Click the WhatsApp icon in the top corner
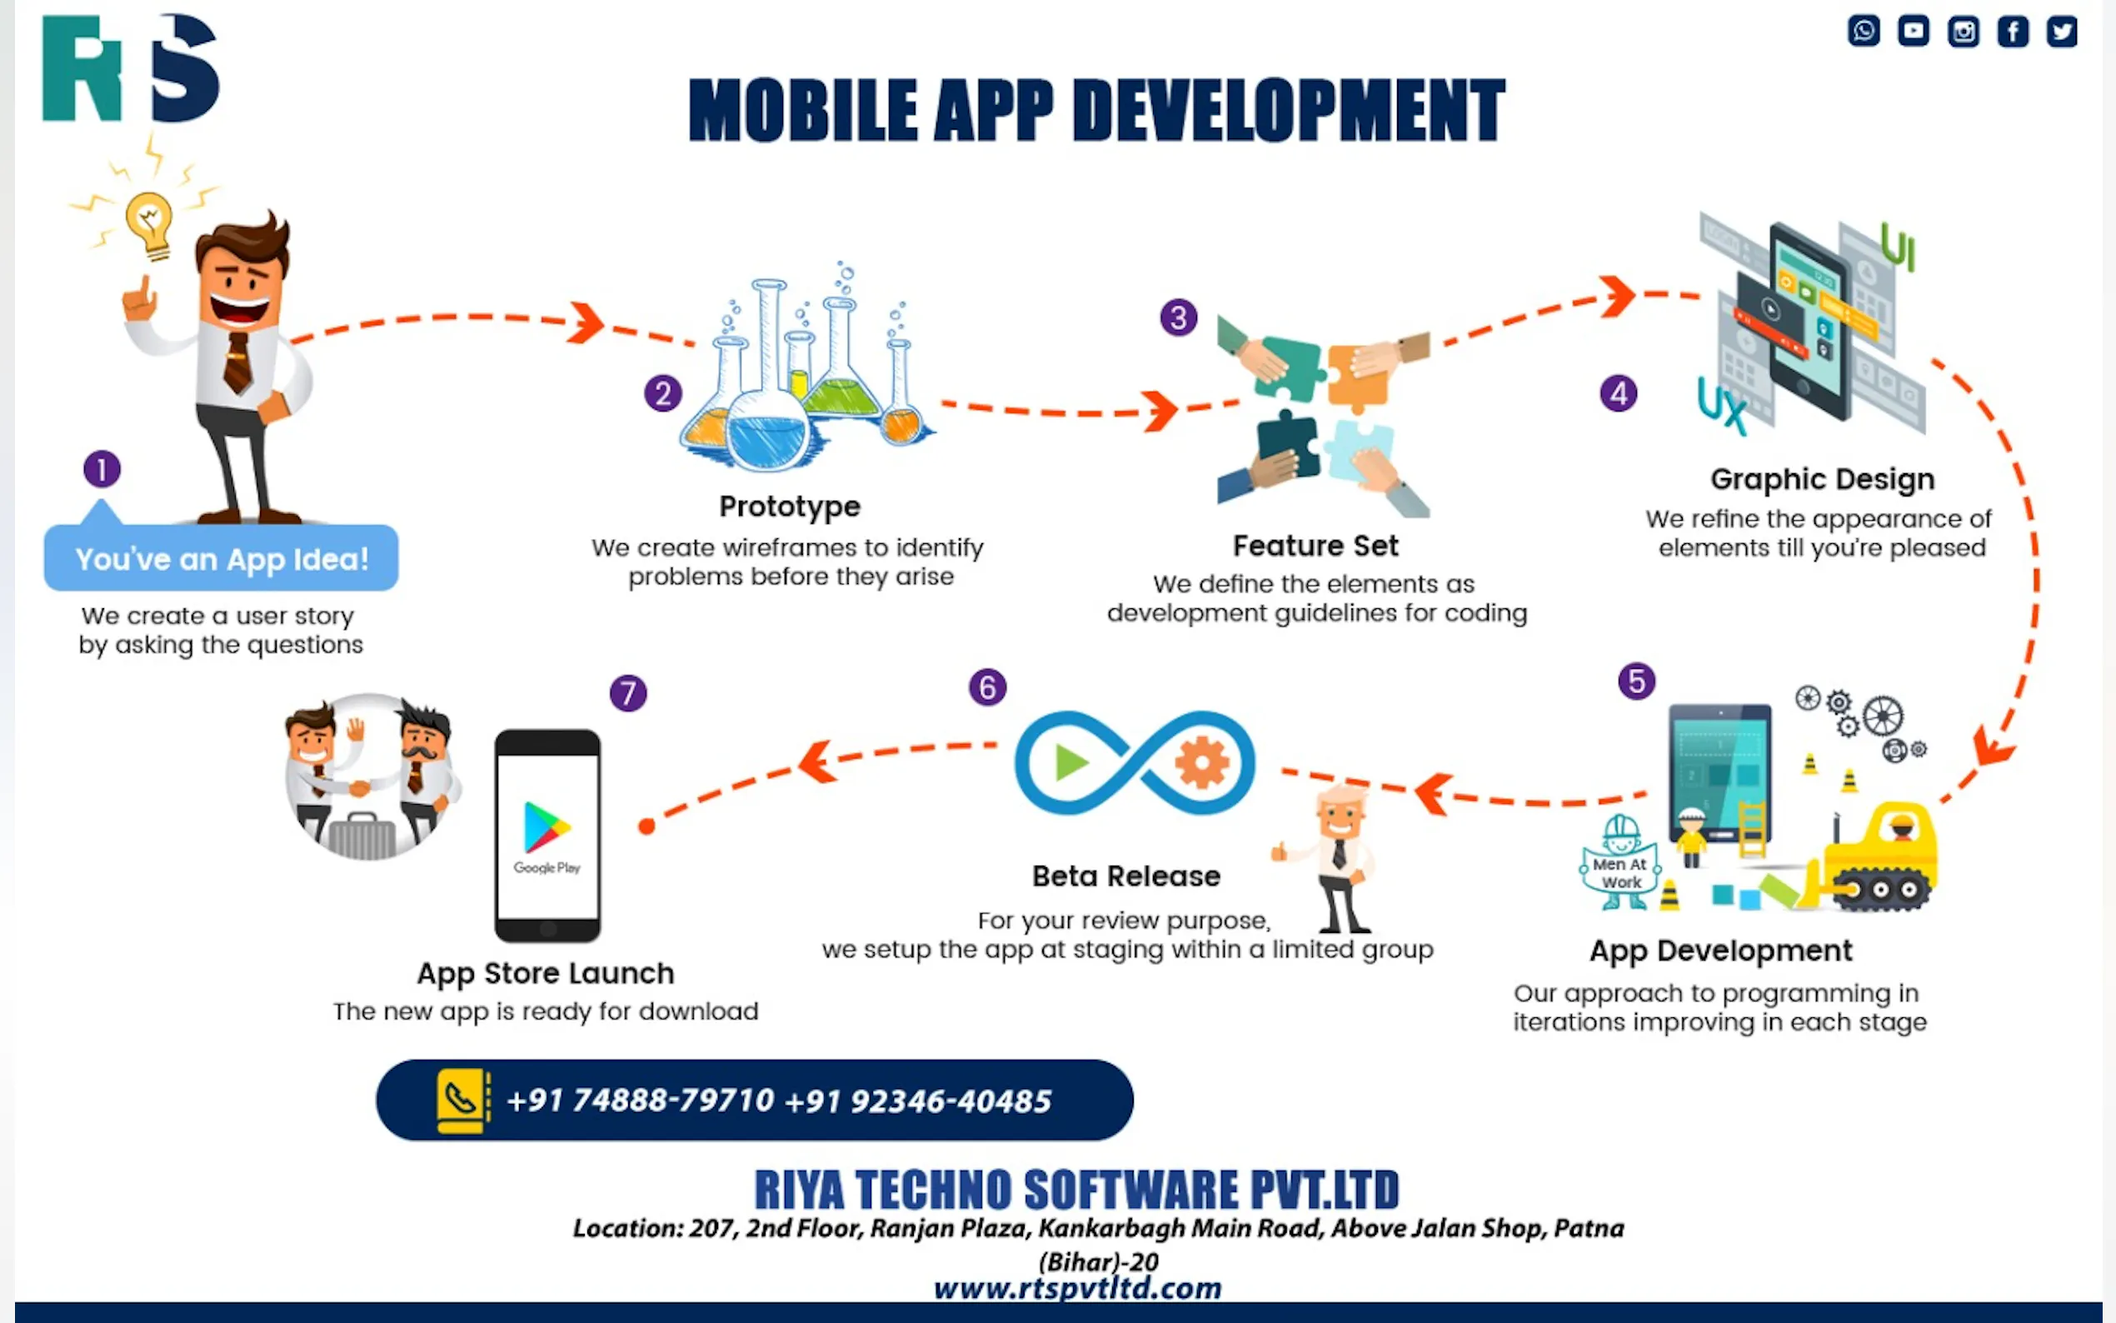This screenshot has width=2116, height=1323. pyautogui.click(x=1864, y=31)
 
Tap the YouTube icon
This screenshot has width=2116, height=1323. pyautogui.click(x=1913, y=31)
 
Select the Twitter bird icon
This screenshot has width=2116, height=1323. pyautogui.click(x=2062, y=32)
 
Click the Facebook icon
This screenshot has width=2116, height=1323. pyautogui.click(x=2013, y=32)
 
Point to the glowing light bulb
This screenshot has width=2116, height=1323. pyautogui.click(x=150, y=225)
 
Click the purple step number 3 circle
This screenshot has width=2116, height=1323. pyautogui.click(x=1178, y=317)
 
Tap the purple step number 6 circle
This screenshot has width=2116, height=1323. pyautogui.click(x=987, y=686)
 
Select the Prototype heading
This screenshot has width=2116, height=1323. pyautogui.click(x=789, y=507)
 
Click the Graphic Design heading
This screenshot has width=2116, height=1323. pyautogui.click(x=1822, y=480)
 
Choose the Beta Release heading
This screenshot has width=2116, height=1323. pyautogui.click(x=1125, y=876)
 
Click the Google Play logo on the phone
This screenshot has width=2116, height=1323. pyautogui.click(x=546, y=826)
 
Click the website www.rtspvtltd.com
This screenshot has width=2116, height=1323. pyautogui.click(x=1078, y=1288)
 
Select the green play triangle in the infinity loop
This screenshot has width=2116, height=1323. pyautogui.click(x=1070, y=762)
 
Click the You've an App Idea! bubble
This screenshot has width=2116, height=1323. pyautogui.click(x=222, y=557)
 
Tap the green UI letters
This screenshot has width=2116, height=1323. pyautogui.click(x=1899, y=247)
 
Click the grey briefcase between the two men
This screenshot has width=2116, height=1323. pyautogui.click(x=361, y=836)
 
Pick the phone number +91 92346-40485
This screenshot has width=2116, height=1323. pyautogui.click(x=919, y=1101)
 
